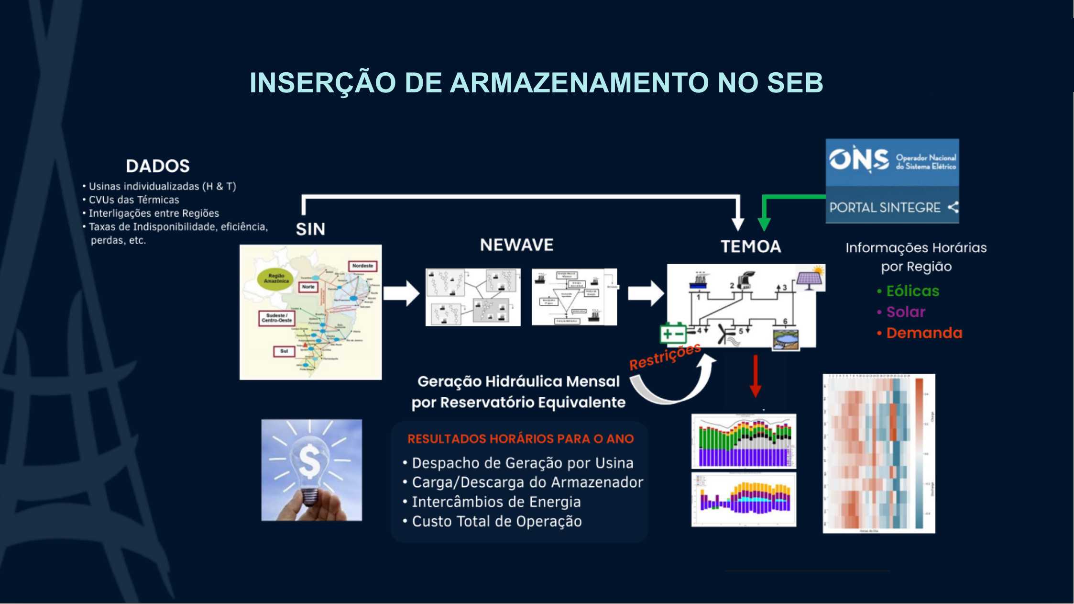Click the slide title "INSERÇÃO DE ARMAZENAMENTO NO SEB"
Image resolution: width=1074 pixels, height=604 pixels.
coord(536,82)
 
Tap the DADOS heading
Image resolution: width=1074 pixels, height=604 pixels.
coord(158,166)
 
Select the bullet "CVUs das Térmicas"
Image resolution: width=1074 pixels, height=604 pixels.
coord(133,200)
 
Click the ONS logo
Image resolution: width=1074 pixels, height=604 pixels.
coord(859,160)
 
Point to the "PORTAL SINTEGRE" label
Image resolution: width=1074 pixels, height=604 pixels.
coord(885,207)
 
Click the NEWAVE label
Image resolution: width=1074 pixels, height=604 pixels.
coord(516,245)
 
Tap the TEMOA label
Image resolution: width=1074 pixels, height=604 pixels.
coord(751,246)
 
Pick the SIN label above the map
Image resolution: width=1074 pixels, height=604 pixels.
coord(310,229)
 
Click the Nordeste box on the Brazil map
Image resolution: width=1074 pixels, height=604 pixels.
coord(362,266)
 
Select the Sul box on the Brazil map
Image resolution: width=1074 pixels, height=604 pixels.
coord(284,351)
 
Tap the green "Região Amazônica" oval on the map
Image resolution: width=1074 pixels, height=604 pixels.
coord(276,279)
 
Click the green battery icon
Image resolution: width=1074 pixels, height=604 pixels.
coord(673,334)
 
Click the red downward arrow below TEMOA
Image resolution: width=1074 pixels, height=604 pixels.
coord(755,376)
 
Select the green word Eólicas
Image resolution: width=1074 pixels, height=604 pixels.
coord(912,291)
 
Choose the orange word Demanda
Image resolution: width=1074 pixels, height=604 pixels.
coord(924,333)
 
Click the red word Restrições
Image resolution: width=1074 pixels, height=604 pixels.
coord(665,357)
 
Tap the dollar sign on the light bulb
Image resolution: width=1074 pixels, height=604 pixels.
coord(309,461)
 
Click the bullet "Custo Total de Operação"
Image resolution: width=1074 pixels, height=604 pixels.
coord(496,521)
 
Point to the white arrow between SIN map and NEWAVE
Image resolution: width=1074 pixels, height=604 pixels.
coord(402,293)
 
